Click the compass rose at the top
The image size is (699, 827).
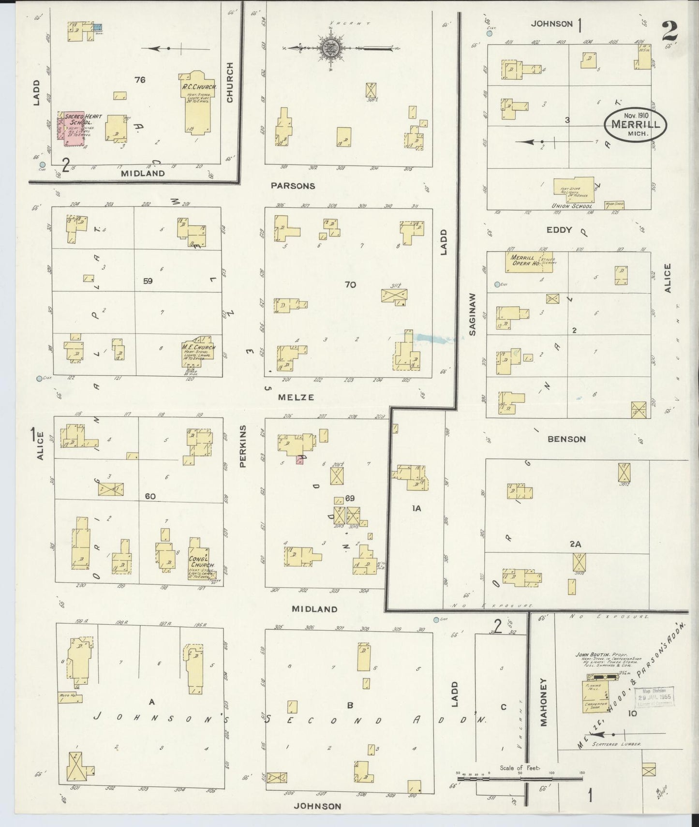click(x=331, y=48)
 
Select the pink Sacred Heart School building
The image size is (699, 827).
click(x=73, y=128)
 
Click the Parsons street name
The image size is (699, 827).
click(x=293, y=186)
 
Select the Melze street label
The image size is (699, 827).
click(x=296, y=397)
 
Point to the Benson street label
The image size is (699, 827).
click(x=566, y=439)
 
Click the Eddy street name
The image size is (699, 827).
click(x=559, y=230)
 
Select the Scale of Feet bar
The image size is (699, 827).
click(x=520, y=779)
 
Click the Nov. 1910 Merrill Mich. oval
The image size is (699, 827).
click(x=635, y=124)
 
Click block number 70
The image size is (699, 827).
click(x=350, y=285)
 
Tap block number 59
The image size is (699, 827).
click(x=148, y=281)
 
